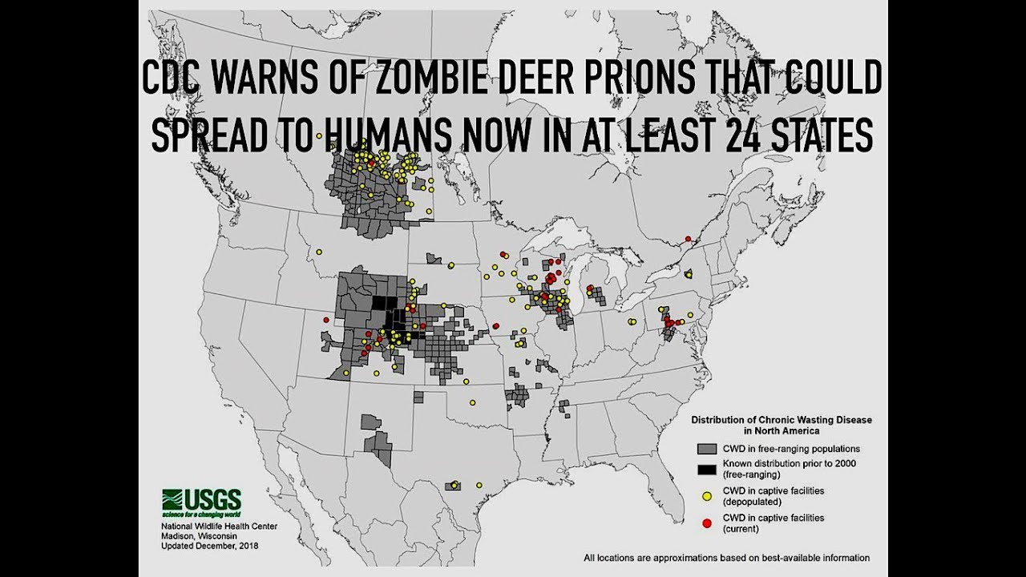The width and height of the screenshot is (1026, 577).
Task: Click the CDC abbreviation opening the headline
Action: (175, 79)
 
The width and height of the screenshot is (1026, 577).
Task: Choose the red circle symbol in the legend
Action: (707, 523)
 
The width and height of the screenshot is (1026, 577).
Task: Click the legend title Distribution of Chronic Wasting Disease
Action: (782, 419)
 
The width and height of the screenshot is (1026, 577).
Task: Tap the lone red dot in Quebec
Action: (688, 238)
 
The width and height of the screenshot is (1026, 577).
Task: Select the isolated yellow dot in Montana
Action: (319, 252)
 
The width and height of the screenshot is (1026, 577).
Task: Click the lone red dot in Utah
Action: (326, 320)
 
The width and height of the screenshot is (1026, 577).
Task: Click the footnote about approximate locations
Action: (726, 558)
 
